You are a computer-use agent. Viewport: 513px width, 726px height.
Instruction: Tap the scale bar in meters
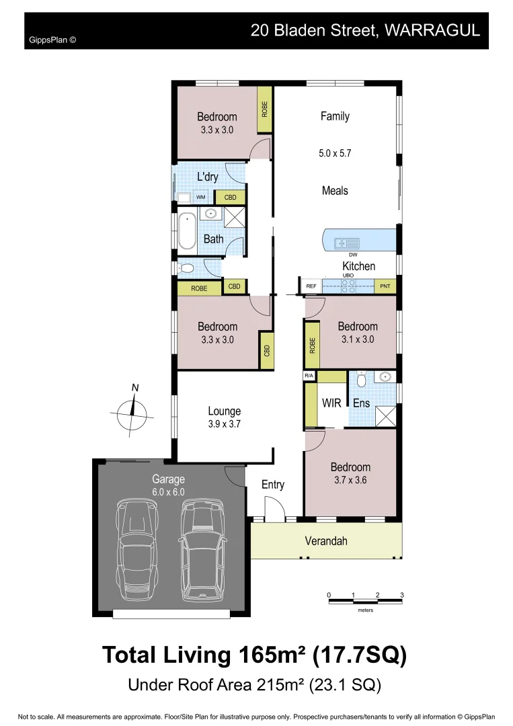point(365,599)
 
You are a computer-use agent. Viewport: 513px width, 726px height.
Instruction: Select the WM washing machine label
point(200,197)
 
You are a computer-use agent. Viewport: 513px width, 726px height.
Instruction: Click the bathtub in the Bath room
point(188,231)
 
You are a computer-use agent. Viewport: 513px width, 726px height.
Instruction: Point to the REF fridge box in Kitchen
point(311,286)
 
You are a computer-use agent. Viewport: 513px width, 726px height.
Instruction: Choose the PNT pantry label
point(385,286)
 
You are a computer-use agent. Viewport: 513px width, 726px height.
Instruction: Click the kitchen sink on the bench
point(344,242)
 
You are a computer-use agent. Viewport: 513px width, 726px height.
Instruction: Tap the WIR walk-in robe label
point(332,403)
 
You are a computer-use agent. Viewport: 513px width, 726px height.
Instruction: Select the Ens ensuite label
point(361,403)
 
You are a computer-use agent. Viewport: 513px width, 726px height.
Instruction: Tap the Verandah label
point(326,541)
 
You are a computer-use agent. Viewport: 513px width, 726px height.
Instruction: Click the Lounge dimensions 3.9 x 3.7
point(224,424)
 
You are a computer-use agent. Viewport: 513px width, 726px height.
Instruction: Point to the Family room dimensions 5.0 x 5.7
point(335,153)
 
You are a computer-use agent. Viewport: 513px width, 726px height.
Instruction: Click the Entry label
point(273,485)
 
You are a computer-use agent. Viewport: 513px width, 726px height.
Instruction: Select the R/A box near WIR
point(309,375)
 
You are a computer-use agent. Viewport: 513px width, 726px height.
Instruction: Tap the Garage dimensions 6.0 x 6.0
point(168,491)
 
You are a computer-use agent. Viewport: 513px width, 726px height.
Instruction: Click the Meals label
point(335,191)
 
